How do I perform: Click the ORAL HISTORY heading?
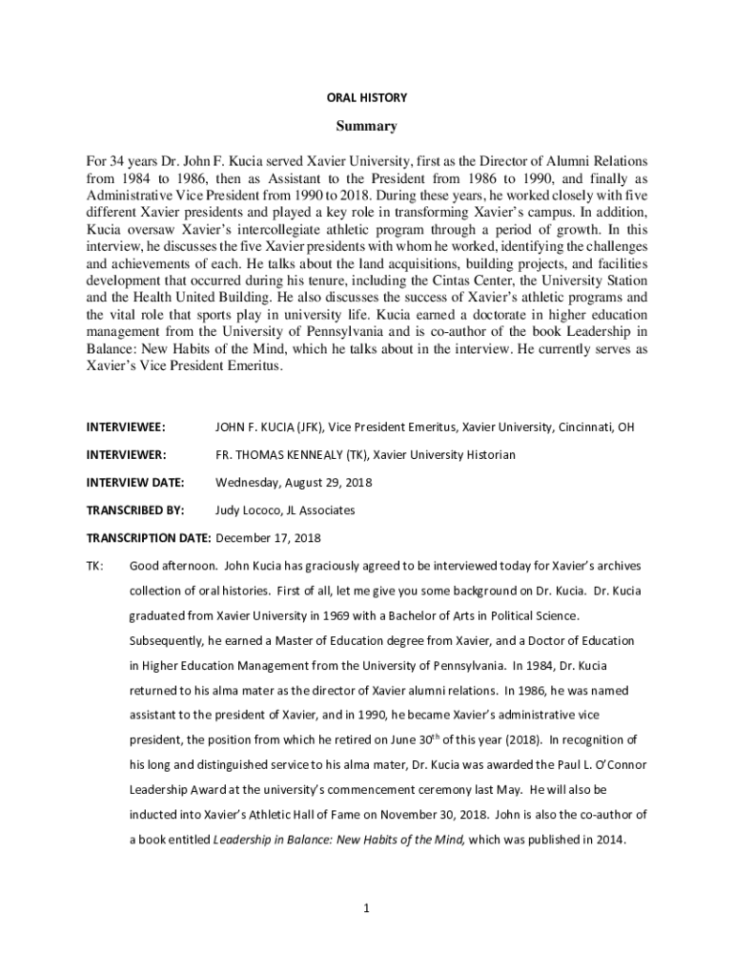click(367, 97)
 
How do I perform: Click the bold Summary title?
click(367, 126)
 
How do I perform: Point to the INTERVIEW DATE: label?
click(135, 482)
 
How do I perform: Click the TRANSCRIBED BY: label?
click(135, 509)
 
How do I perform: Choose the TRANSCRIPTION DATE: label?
click(148, 537)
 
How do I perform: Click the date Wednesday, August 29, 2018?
click(294, 482)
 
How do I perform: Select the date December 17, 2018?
click(269, 537)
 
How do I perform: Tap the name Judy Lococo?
click(250, 509)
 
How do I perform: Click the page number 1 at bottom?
click(366, 907)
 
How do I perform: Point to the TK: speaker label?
click(94, 565)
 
